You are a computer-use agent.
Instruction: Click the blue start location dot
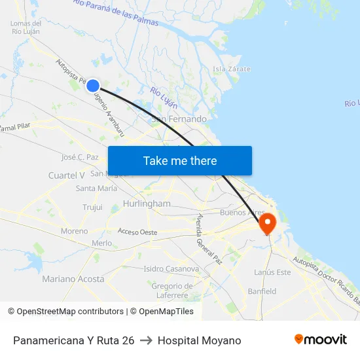coord(93,85)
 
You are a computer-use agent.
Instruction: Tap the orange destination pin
coord(268,224)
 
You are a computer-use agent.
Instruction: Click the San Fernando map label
coord(179,119)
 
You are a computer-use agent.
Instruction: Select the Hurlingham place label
coord(147,204)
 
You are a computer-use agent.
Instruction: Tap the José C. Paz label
coord(79,157)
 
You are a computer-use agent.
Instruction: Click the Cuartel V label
coord(67,175)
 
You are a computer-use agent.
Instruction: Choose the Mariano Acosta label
coord(73,279)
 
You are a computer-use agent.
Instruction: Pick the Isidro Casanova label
coord(171,268)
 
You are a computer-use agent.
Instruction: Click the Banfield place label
coord(262,291)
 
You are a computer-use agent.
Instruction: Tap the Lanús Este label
coord(272,272)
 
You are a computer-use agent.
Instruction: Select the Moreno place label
coord(74,231)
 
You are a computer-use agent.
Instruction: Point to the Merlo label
coord(101,243)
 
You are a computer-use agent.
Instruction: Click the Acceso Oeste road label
coord(137,232)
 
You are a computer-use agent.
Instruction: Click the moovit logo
coord(320,340)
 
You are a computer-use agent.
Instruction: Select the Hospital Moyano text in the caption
coord(199,340)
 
